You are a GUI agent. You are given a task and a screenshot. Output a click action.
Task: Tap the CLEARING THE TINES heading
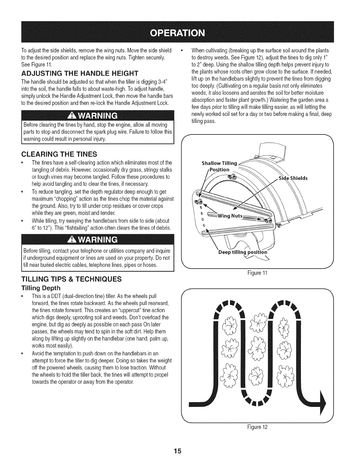pyautogui.click(x=58, y=154)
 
